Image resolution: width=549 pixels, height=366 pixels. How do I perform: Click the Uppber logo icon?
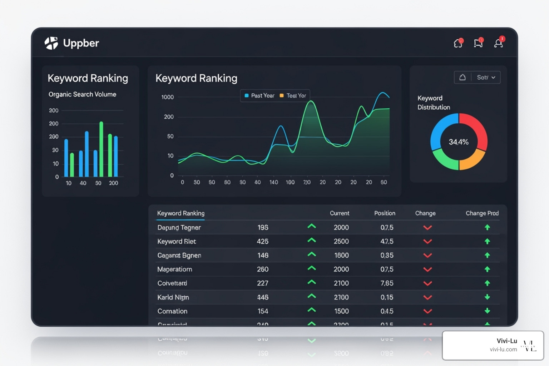point(51,43)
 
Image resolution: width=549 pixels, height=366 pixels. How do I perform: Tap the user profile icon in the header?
point(499,43)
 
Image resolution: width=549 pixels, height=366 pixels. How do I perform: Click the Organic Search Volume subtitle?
point(82,94)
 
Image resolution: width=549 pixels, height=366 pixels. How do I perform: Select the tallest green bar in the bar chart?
point(101,149)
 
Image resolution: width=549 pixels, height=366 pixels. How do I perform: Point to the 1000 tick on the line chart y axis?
point(167,97)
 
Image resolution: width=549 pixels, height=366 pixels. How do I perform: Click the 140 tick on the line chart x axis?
point(273,182)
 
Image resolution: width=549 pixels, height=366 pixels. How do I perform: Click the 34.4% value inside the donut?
point(459,142)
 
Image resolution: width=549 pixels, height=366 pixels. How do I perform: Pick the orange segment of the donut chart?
point(472,161)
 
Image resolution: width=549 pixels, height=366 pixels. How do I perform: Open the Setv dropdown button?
point(486,78)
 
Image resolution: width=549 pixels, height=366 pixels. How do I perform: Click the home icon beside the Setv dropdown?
point(463,78)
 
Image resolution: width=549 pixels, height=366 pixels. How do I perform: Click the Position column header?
point(385,213)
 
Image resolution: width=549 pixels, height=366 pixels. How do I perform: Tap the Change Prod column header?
point(482,213)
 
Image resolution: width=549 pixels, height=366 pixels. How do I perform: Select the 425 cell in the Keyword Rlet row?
point(262,242)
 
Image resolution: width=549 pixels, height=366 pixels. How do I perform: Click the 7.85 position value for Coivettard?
point(387,283)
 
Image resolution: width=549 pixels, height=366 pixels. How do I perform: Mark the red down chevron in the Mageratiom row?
point(427,269)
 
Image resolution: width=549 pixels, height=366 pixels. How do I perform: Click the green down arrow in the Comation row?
point(487,311)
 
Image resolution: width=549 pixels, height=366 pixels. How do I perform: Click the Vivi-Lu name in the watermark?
point(506,341)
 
